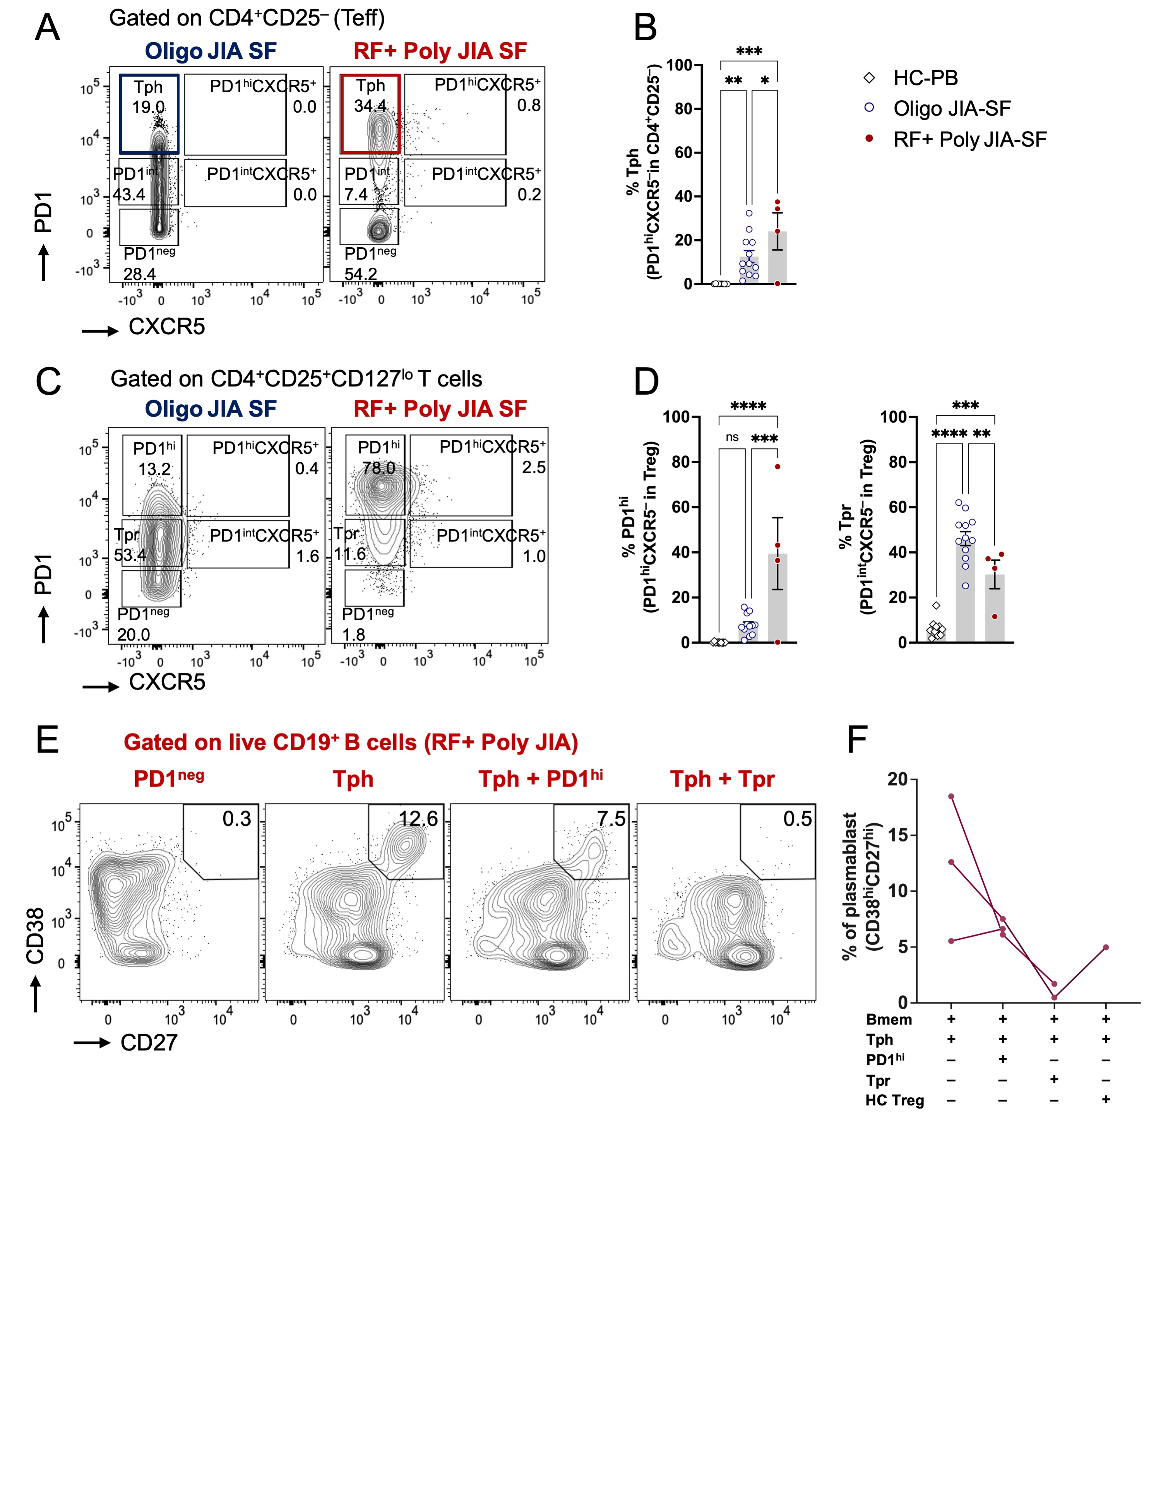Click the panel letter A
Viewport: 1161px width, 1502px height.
(48, 29)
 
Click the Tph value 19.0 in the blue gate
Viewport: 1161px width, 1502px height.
(149, 107)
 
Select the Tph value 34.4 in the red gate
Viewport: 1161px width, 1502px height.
(370, 106)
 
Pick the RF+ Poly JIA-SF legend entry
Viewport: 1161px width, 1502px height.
(969, 140)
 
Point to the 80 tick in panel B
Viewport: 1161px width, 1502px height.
(682, 109)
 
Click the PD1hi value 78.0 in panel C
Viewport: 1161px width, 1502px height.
(379, 468)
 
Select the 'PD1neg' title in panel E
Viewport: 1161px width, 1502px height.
(168, 778)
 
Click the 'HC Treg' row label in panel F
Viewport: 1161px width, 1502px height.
(894, 1100)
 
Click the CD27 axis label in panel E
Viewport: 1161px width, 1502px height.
(149, 1043)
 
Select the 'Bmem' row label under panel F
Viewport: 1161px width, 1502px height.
(889, 1019)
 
